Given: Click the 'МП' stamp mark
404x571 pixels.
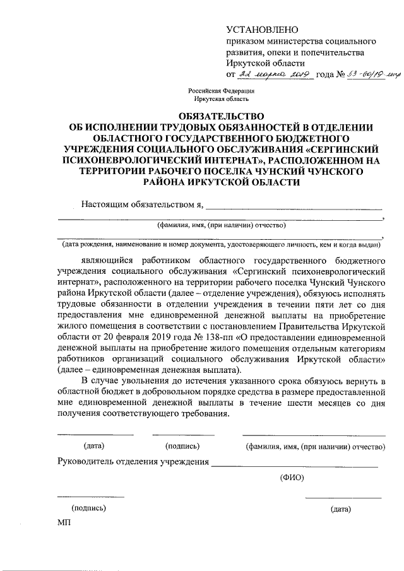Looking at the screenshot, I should (64, 523).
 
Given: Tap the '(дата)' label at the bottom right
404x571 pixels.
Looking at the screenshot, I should (341, 509).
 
